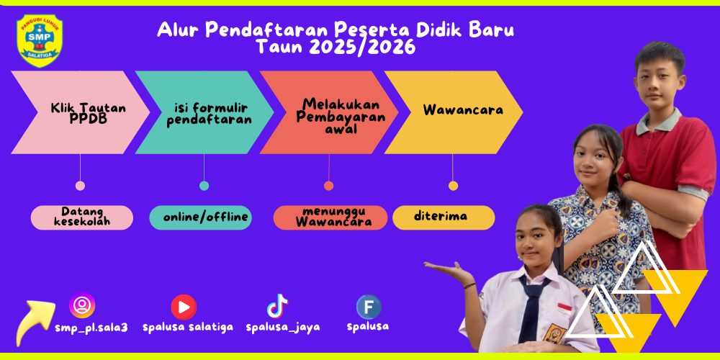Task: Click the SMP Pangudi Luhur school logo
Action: (x=39, y=40)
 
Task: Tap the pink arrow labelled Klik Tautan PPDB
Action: (x=81, y=112)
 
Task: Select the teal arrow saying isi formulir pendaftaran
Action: (x=204, y=112)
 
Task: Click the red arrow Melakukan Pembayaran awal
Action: (x=329, y=112)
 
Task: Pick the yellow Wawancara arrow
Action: (x=453, y=112)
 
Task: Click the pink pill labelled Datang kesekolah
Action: (x=82, y=217)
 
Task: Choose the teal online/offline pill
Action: (x=201, y=217)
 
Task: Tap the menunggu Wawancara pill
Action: (x=330, y=217)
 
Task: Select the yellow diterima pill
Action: (x=444, y=217)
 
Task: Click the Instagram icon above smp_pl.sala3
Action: (x=82, y=305)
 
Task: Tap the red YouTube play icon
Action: (x=184, y=307)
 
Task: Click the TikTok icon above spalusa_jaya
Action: (x=277, y=306)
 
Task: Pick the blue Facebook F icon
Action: (x=369, y=307)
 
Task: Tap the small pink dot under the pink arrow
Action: (x=80, y=186)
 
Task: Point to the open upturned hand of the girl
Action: (x=448, y=269)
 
